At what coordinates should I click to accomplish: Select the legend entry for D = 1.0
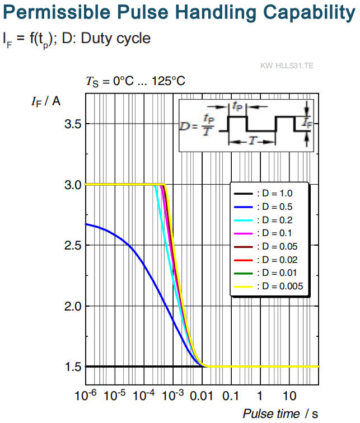pyautogui.click(x=263, y=194)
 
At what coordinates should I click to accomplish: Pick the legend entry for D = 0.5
pyautogui.click(x=263, y=207)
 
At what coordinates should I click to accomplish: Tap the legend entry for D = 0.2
pyautogui.click(x=263, y=220)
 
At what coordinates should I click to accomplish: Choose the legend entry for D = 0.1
pyautogui.click(x=263, y=233)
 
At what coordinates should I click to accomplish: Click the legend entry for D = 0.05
pyautogui.click(x=265, y=246)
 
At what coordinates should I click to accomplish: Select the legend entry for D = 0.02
pyautogui.click(x=265, y=260)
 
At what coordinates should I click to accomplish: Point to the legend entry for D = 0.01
pyautogui.click(x=265, y=272)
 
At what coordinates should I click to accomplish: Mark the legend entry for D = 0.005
pyautogui.click(x=269, y=286)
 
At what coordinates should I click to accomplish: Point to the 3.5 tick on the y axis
pyautogui.click(x=73, y=124)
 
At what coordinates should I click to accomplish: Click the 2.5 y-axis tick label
pyautogui.click(x=73, y=246)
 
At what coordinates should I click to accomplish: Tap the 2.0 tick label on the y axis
pyautogui.click(x=73, y=307)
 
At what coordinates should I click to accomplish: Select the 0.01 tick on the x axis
pyautogui.click(x=202, y=396)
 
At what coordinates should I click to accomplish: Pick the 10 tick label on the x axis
pyautogui.click(x=289, y=396)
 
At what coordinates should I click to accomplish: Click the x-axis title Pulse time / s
pyautogui.click(x=280, y=413)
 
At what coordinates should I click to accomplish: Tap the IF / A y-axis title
pyautogui.click(x=46, y=102)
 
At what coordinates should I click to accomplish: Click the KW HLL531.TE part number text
pyautogui.click(x=287, y=65)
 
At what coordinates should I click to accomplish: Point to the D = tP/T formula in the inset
pyautogui.click(x=197, y=125)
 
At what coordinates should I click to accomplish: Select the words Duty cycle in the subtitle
pyautogui.click(x=116, y=38)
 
